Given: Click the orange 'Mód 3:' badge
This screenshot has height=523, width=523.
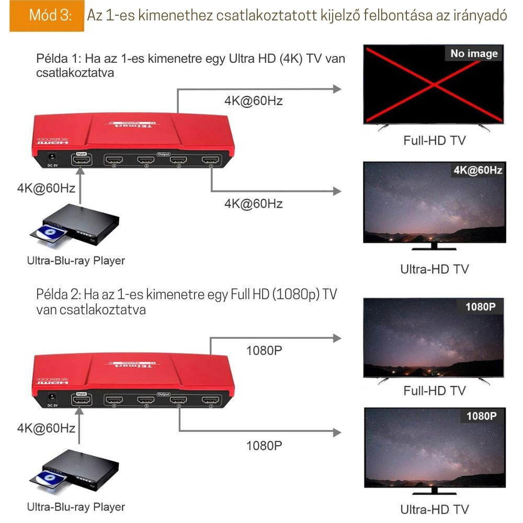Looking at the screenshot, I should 47,16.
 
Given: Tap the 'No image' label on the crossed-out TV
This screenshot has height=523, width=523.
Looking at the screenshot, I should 474,53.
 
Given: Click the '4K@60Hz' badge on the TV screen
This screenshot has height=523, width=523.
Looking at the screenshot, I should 477,170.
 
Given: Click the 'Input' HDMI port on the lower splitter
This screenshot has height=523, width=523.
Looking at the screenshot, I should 81,401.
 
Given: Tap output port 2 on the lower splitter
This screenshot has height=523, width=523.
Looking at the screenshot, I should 179,401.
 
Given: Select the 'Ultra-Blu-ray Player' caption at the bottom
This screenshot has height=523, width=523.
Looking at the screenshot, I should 76,507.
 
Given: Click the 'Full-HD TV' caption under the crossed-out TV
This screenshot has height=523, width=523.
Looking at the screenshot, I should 434,140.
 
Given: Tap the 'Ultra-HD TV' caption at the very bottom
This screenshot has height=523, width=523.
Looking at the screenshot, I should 434,509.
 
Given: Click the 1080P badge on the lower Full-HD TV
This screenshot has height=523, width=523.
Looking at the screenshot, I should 480,307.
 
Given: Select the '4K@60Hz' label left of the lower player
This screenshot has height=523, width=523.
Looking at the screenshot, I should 46,428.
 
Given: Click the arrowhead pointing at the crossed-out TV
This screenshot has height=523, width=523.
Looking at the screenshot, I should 337,89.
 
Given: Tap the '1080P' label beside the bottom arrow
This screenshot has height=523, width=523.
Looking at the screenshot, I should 264,446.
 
